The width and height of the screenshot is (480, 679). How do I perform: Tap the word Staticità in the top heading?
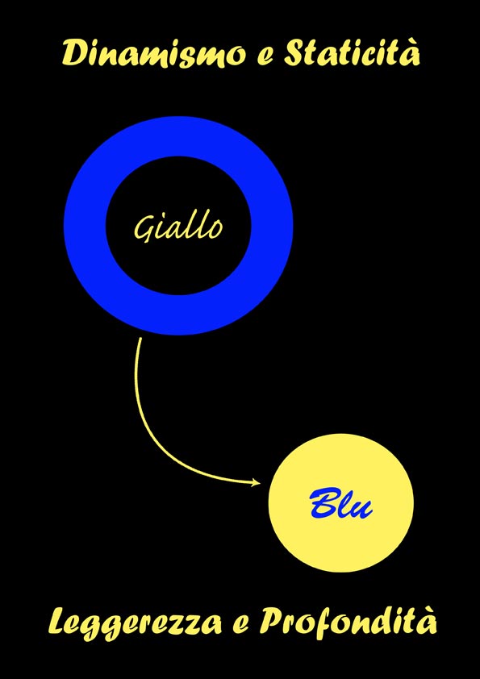click(352, 52)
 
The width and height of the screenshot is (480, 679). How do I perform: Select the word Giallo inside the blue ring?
click(178, 227)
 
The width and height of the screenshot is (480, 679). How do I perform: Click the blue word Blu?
click(341, 503)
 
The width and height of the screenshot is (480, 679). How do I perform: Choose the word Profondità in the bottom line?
click(348, 622)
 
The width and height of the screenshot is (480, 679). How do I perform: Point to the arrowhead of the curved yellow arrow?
click(257, 482)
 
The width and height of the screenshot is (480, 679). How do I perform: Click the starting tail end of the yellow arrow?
click(140, 338)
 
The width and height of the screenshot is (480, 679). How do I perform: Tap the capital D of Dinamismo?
click(74, 53)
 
